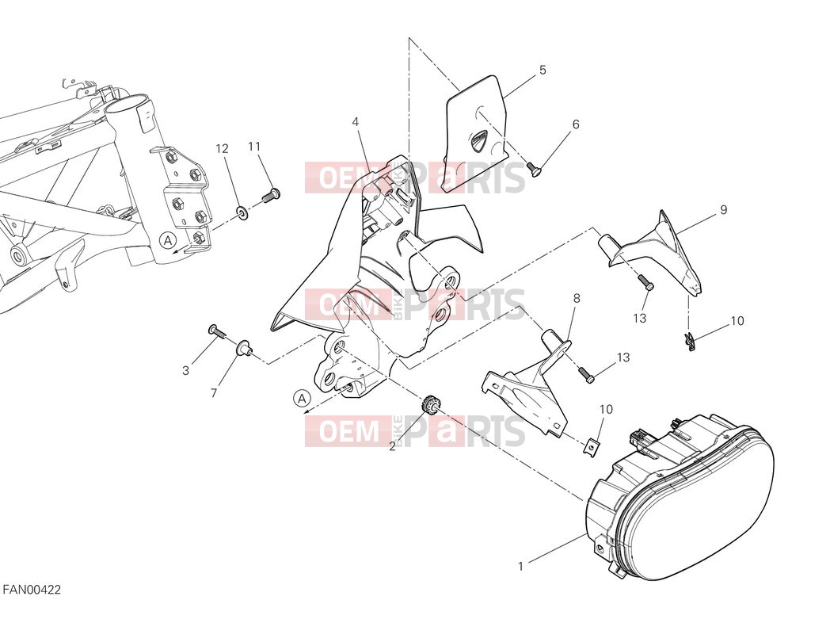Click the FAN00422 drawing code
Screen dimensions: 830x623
(32, 590)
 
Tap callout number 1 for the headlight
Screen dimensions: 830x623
(520, 566)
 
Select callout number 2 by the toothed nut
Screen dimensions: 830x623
(392, 446)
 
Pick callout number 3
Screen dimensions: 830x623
(185, 371)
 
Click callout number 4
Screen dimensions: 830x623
(355, 122)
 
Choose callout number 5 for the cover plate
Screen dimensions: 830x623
(543, 70)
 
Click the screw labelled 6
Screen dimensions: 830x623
(535, 169)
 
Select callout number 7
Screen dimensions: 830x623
(214, 393)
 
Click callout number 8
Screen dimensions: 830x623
(577, 298)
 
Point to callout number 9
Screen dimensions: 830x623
(724, 210)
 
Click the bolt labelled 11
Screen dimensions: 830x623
(271, 196)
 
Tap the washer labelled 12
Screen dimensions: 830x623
(242, 213)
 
